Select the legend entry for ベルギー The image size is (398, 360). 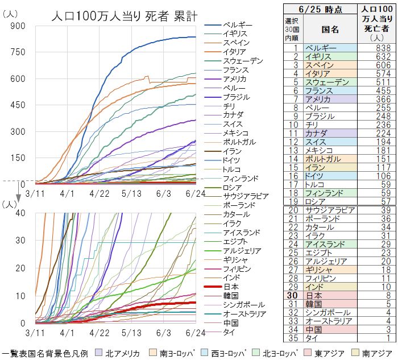click(x=238, y=25)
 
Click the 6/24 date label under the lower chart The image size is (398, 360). click(x=196, y=332)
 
